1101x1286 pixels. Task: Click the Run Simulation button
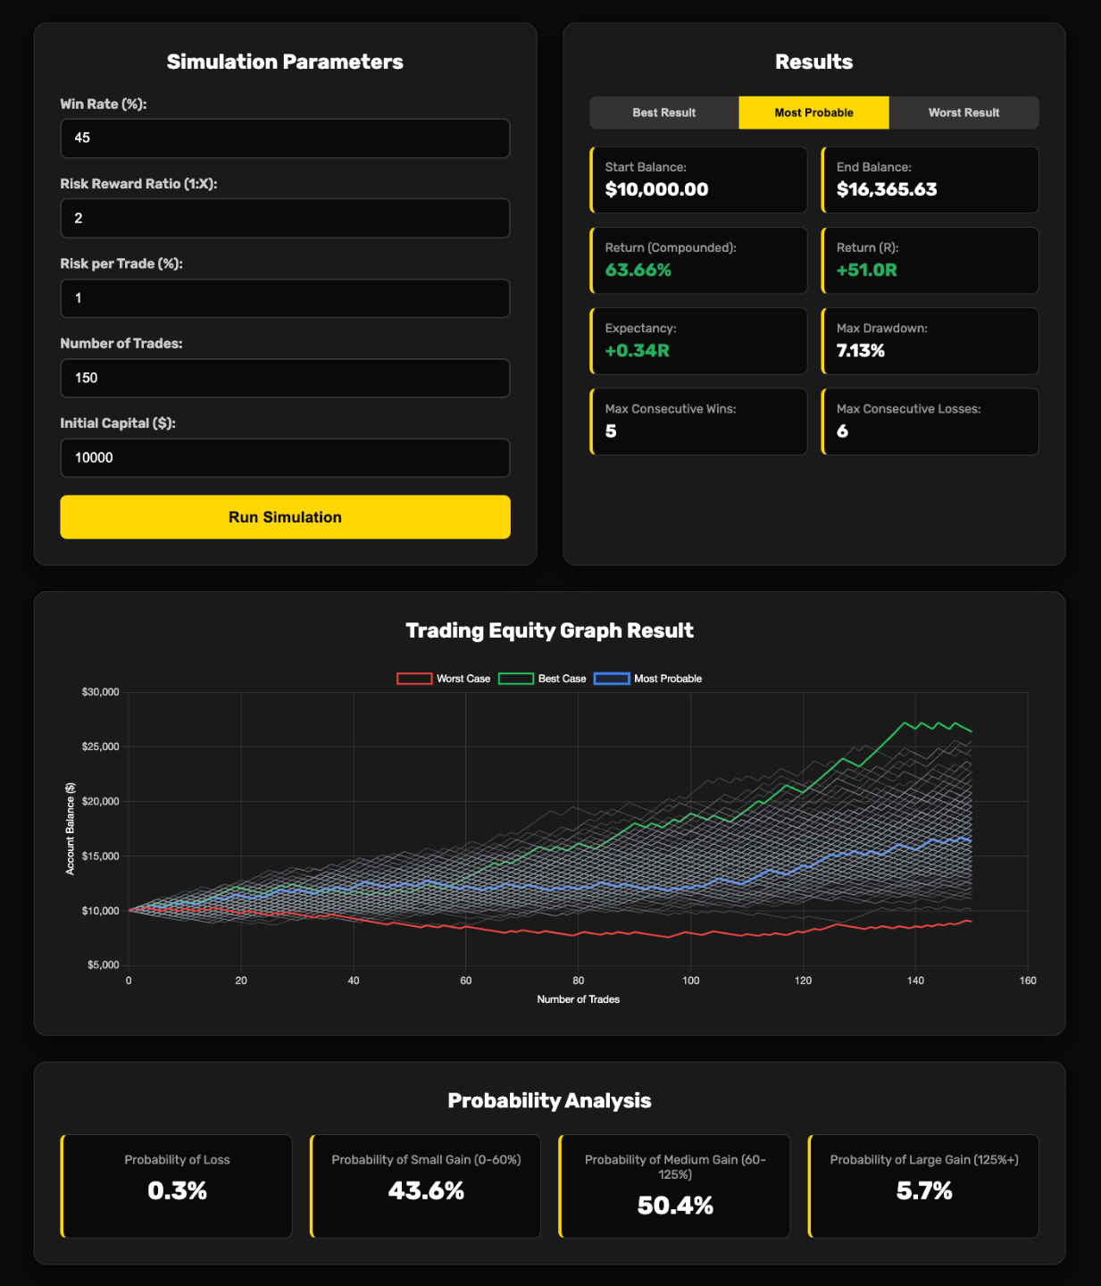click(285, 517)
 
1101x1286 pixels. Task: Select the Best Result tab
click(663, 113)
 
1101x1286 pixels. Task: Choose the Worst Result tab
click(963, 113)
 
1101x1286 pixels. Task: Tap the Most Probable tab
click(813, 113)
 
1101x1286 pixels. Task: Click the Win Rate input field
click(285, 138)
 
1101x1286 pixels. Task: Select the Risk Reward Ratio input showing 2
click(285, 218)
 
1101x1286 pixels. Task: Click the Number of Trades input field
click(285, 378)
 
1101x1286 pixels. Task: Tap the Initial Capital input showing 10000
click(285, 457)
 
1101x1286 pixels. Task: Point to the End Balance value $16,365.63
click(887, 189)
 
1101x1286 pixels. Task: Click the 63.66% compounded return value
click(638, 270)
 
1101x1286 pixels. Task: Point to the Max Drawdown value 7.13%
click(860, 350)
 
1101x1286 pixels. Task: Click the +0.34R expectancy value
click(637, 350)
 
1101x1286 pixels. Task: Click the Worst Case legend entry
click(444, 679)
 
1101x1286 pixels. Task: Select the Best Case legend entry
click(542, 679)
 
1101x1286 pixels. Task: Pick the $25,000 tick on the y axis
click(101, 747)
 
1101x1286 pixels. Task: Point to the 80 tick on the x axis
click(579, 981)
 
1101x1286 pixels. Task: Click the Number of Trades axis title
click(579, 999)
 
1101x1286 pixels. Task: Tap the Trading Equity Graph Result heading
click(549, 630)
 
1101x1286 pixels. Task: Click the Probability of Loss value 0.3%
click(177, 1190)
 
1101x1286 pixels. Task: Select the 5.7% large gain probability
click(924, 1190)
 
